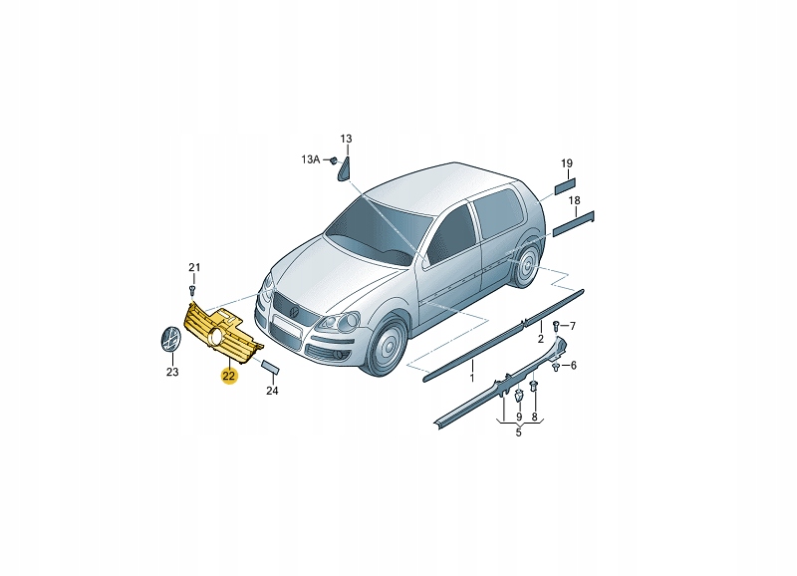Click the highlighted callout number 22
pos(229,376)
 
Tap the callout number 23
pos(172,372)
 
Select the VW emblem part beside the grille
pos(170,338)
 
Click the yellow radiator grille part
pos(222,334)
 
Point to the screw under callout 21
pos(192,290)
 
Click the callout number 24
pos(272,391)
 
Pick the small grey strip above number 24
pos(270,367)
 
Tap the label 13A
pos(311,159)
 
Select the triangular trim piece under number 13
pos(344,169)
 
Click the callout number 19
pos(567,163)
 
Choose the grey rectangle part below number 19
pos(564,185)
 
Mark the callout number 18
pos(575,200)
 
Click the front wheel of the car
pos(389,346)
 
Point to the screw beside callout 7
pos(557,324)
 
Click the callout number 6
pos(574,365)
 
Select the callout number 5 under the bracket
pos(518,432)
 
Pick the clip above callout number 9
pos(519,396)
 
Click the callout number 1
pos(471,378)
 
